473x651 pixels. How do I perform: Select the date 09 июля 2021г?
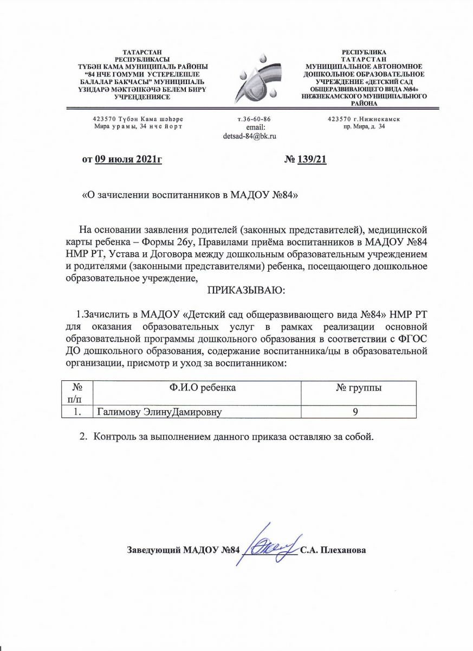pos(128,159)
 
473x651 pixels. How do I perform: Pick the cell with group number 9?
pos(355,412)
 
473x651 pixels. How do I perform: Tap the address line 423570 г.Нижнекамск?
pos(364,119)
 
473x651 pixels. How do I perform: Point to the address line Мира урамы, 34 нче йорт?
pos(139,126)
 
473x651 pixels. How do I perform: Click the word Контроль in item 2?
pos(114,437)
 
